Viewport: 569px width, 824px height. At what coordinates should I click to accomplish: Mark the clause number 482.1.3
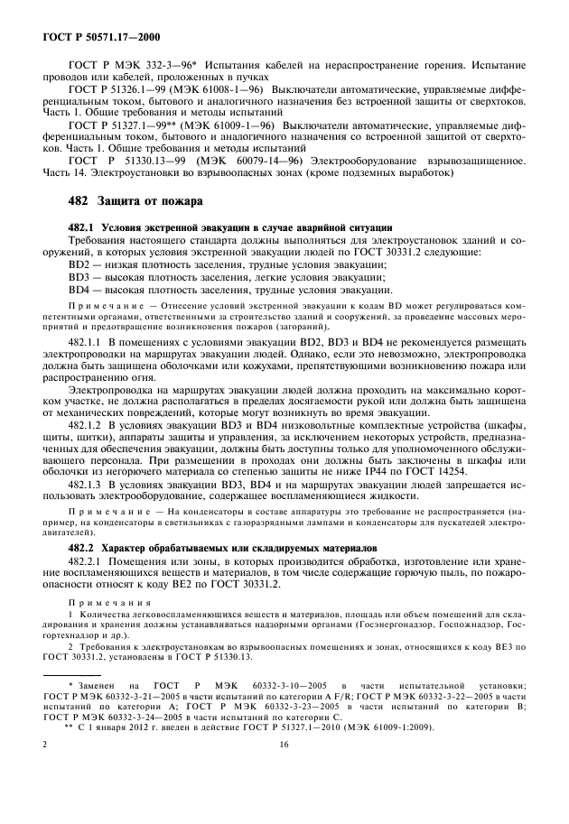coord(88,486)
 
